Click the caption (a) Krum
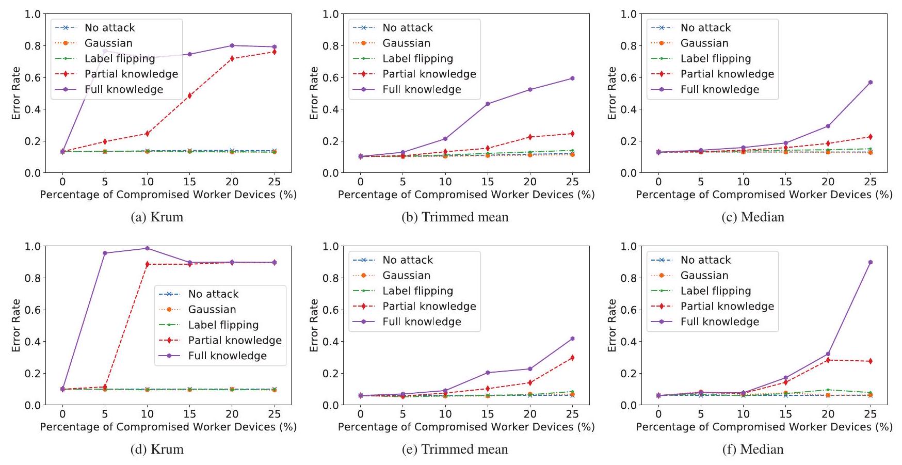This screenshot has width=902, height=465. pos(157,217)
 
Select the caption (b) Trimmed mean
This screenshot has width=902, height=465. pos(455,217)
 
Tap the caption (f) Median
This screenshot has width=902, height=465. pos(753,450)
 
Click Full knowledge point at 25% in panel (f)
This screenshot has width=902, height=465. pos(871,262)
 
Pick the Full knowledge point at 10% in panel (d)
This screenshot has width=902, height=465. pos(147,248)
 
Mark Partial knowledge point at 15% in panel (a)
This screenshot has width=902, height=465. pos(189,95)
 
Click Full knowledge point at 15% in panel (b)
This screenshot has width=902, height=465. pos(488,104)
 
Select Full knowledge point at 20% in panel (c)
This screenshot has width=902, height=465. pos(828,126)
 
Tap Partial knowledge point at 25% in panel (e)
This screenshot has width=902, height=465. pos(572,358)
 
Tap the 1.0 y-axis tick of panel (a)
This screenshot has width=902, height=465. pos(33,14)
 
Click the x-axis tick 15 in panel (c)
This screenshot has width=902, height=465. pos(785,182)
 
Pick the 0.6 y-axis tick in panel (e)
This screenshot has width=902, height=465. pos(331,310)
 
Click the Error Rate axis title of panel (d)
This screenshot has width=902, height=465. pos(16,325)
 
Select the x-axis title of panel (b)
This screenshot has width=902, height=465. pos(466,195)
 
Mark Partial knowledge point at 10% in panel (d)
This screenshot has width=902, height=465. pos(147,264)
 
